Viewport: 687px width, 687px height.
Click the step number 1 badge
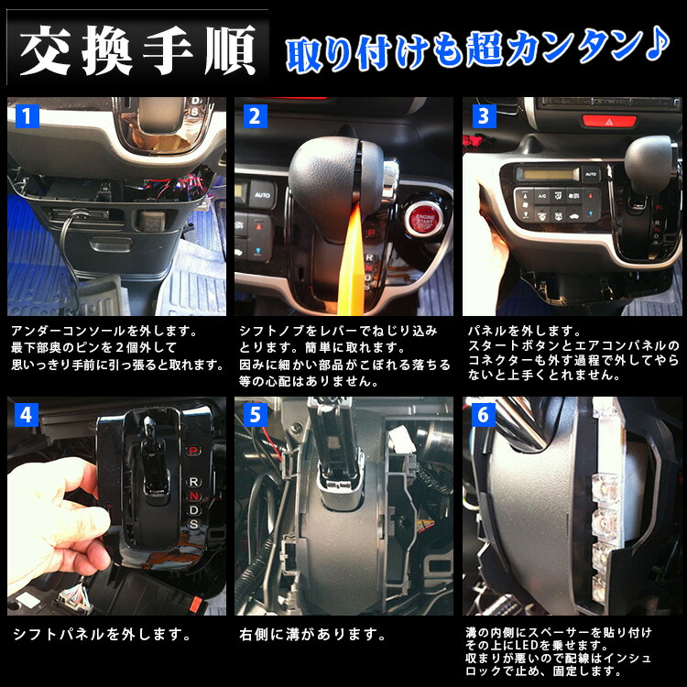click(x=27, y=116)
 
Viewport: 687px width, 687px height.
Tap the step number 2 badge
click(x=255, y=116)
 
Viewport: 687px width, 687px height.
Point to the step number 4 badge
click(x=27, y=416)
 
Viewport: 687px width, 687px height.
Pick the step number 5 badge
click(x=255, y=416)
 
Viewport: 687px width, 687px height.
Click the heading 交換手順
click(x=136, y=55)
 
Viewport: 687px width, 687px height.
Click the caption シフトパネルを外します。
click(x=103, y=633)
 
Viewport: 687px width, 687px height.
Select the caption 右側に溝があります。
click(x=311, y=633)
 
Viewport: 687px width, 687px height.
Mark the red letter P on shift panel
click(x=192, y=451)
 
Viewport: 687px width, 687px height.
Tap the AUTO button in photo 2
click(x=262, y=194)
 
